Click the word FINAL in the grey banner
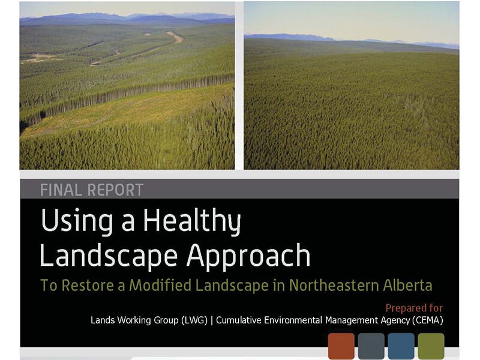(x=61, y=190)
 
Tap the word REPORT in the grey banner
(x=115, y=190)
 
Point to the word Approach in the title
(x=248, y=257)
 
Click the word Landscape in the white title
(x=109, y=256)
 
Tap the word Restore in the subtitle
(x=88, y=286)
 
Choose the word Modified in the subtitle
(x=160, y=286)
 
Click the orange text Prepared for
(x=414, y=308)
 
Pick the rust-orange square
(x=341, y=346)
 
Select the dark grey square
(x=371, y=346)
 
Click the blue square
(x=401, y=346)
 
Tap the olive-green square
(x=431, y=346)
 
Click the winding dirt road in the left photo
(x=153, y=49)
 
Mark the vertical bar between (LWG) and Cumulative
(x=212, y=320)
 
